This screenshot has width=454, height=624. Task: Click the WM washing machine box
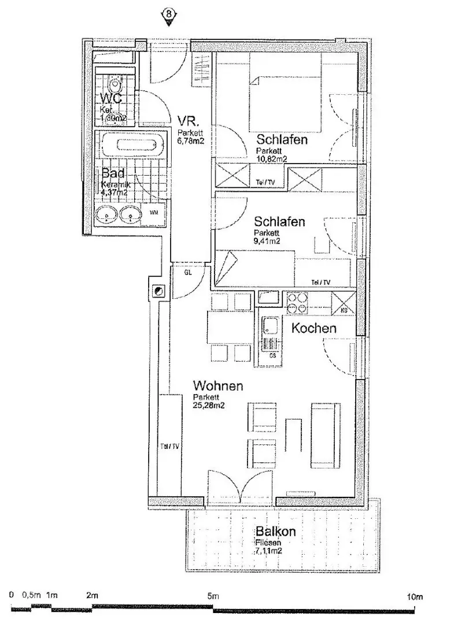pos(154,213)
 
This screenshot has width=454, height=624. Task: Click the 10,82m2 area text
pos(272,158)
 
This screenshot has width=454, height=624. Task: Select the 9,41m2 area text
pos(267,241)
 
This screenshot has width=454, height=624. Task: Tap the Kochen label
pos(313,328)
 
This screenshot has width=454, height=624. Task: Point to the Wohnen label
pos(217,385)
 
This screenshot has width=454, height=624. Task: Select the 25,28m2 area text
pos(209,406)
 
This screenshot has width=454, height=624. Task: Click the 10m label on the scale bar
pos(414,596)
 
